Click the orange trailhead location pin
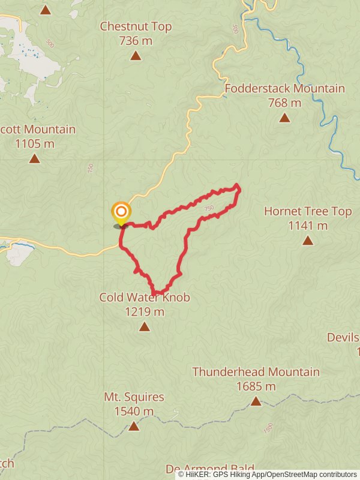[x=121, y=212]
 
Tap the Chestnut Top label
[x=136, y=26]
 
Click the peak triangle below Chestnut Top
[x=136, y=56]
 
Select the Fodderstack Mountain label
[x=284, y=89]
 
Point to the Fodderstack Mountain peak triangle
[x=284, y=118]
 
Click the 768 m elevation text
[x=284, y=103]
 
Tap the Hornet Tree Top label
[x=308, y=211]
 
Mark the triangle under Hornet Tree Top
[x=308, y=241]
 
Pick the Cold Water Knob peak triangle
[x=144, y=326]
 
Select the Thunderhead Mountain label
[x=256, y=372]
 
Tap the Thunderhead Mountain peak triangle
[x=256, y=401]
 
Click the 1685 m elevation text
[x=256, y=386]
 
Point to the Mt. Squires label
[x=134, y=397]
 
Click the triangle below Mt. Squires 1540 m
[x=134, y=426]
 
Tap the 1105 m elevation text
[x=34, y=143]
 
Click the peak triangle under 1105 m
[x=34, y=158]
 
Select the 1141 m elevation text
[x=308, y=226]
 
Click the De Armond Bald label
[x=210, y=469]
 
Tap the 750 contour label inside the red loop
[x=209, y=208]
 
